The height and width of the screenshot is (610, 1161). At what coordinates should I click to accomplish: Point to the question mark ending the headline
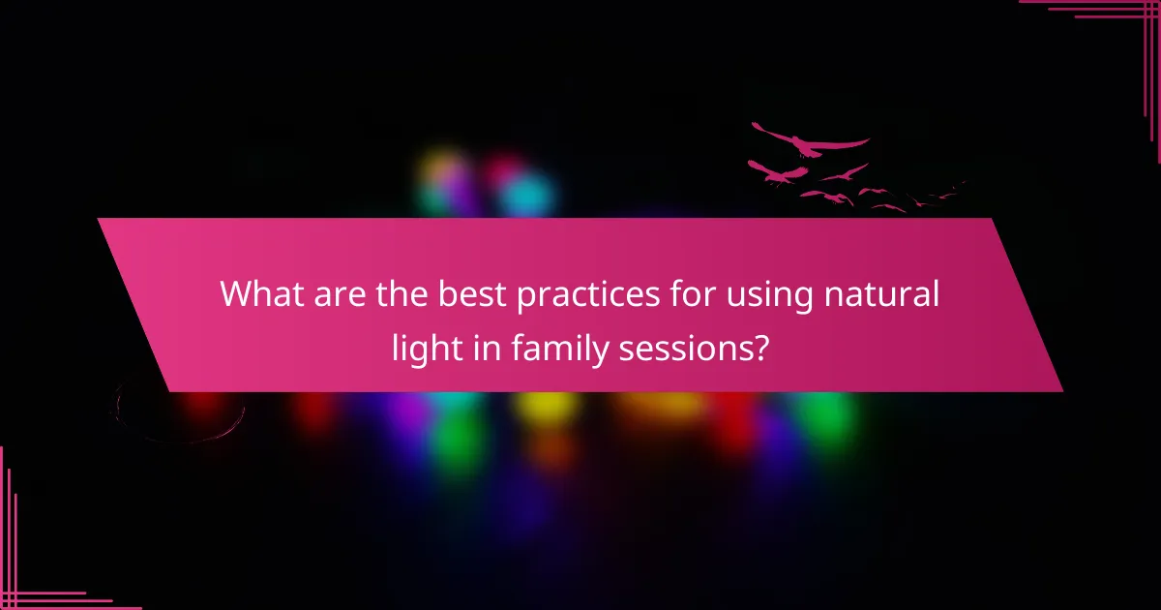click(761, 346)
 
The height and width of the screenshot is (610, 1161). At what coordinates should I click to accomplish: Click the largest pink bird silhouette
click(808, 142)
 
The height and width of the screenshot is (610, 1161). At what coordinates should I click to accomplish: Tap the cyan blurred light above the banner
click(528, 196)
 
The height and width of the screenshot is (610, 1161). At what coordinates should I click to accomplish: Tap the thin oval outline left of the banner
click(179, 412)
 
